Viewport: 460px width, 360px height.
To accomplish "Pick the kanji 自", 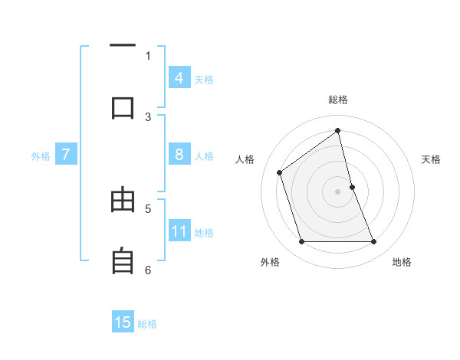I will (123, 261).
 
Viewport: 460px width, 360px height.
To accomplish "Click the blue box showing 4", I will (179, 78).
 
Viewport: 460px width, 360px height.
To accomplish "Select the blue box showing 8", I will (179, 155).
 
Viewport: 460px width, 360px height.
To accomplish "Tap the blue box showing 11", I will (179, 231).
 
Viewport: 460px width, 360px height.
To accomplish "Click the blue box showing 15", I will (123, 322).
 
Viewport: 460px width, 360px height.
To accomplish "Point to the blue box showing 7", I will (66, 155).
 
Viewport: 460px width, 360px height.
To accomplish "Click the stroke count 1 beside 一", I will (148, 55).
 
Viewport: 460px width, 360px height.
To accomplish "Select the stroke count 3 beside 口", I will (148, 116).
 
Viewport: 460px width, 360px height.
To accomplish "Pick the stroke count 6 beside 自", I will (148, 270).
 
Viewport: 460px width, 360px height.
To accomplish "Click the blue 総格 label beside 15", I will (147, 324).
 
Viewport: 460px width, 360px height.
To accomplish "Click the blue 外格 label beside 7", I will (41, 156).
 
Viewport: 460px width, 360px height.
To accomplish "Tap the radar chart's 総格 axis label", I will (338, 100).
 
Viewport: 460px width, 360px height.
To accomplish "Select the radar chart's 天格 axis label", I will (432, 159).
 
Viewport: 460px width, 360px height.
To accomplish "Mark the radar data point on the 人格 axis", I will (280, 172).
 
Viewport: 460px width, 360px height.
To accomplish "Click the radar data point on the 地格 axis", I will (374, 242).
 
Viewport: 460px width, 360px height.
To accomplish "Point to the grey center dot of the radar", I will (338, 191).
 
